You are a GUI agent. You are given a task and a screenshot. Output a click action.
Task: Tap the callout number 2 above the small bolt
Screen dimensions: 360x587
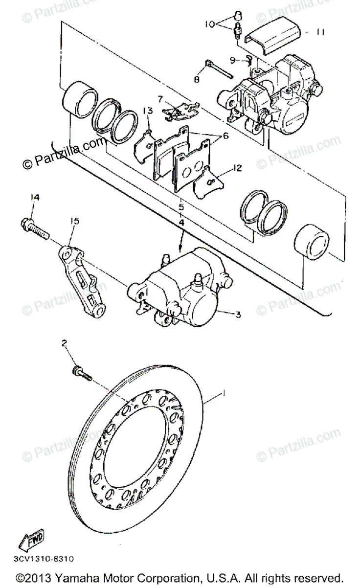tap(64, 344)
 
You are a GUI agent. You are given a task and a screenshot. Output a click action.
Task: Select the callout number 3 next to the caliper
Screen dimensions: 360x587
tap(238, 315)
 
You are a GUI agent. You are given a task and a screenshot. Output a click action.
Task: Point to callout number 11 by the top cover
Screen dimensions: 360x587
tap(320, 32)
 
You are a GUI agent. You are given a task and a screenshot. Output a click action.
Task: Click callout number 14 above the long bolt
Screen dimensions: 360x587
tap(34, 198)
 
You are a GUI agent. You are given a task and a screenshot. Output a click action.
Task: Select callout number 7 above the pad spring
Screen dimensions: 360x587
tap(160, 98)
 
